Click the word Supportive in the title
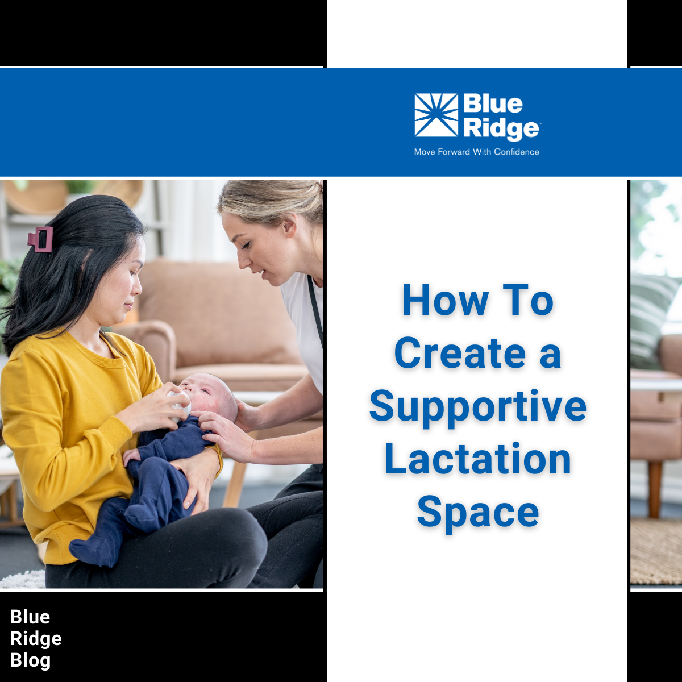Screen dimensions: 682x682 tap(477, 407)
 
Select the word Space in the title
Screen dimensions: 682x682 tap(477, 511)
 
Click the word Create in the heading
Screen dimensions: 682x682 tap(460, 354)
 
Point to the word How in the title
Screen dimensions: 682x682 tap(445, 301)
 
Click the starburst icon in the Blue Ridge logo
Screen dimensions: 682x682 tap(436, 115)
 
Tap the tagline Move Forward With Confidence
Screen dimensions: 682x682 tap(476, 152)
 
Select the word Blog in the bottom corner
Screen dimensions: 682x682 tap(31, 660)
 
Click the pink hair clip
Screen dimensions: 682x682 tap(40, 239)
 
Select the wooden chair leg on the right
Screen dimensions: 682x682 tap(655, 489)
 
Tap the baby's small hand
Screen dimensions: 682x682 tap(131, 455)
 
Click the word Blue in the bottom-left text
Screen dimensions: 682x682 tap(30, 617)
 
